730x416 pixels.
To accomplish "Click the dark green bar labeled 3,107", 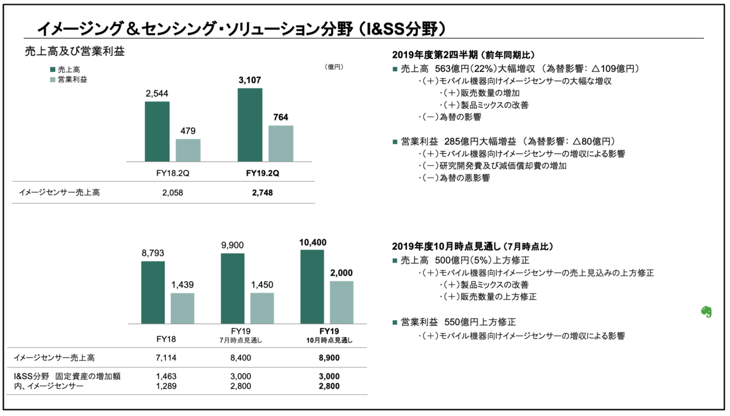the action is click(x=250, y=125).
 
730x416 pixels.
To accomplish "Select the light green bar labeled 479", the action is click(x=188, y=150).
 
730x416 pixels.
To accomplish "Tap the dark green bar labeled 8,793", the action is click(x=153, y=293).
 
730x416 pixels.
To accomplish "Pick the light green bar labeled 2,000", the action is click(x=341, y=302).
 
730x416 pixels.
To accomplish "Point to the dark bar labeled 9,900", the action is click(x=232, y=289).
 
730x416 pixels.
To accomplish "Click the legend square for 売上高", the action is click(x=52, y=69).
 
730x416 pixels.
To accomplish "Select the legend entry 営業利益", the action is click(x=69, y=80).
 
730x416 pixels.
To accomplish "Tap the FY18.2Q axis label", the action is click(x=173, y=173).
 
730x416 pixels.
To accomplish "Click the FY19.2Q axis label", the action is click(x=263, y=173).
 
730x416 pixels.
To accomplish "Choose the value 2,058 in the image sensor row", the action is click(x=173, y=193).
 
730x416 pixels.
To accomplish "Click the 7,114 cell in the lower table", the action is click(x=166, y=358).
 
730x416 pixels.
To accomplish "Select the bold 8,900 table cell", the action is click(x=329, y=358).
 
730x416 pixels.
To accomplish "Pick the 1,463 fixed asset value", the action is click(x=166, y=376).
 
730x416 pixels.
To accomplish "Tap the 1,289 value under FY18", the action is click(x=166, y=386).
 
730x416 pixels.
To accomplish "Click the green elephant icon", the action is click(x=706, y=311).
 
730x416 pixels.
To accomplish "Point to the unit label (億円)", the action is click(x=334, y=67).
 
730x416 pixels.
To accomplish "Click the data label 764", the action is click(x=281, y=117).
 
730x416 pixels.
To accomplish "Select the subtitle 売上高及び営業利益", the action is click(x=75, y=52).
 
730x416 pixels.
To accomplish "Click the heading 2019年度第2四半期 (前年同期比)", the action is click(x=464, y=55).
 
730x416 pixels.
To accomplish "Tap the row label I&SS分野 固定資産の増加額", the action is click(x=67, y=376).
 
